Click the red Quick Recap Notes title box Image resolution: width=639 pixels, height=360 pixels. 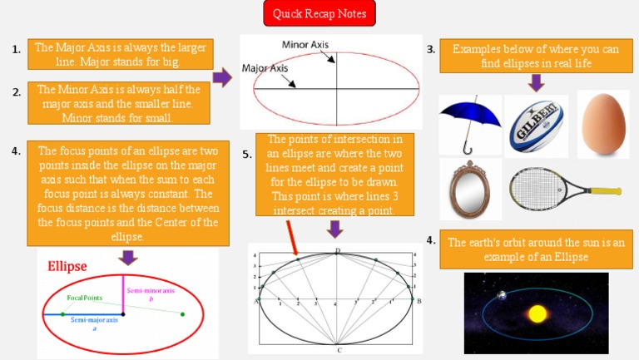(x=319, y=13)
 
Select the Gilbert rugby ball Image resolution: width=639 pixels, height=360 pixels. (x=536, y=126)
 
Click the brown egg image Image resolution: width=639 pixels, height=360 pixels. (x=603, y=125)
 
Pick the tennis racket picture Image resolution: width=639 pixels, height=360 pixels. (x=549, y=189)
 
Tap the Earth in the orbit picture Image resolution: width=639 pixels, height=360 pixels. (x=501, y=295)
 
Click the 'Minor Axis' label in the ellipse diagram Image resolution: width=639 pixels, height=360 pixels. (x=305, y=44)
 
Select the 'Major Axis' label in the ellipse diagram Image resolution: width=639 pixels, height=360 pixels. (x=265, y=68)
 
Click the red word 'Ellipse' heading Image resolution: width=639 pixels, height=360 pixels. (x=67, y=267)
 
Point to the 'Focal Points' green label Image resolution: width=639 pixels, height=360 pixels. (x=84, y=297)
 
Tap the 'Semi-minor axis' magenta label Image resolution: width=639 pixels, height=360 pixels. (x=151, y=291)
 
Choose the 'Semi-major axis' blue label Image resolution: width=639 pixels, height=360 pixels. (x=94, y=320)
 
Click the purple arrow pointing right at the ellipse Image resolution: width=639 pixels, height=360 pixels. (x=222, y=78)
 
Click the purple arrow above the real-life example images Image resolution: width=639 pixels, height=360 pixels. (x=537, y=82)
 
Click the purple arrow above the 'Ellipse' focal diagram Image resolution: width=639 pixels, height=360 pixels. (x=128, y=257)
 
